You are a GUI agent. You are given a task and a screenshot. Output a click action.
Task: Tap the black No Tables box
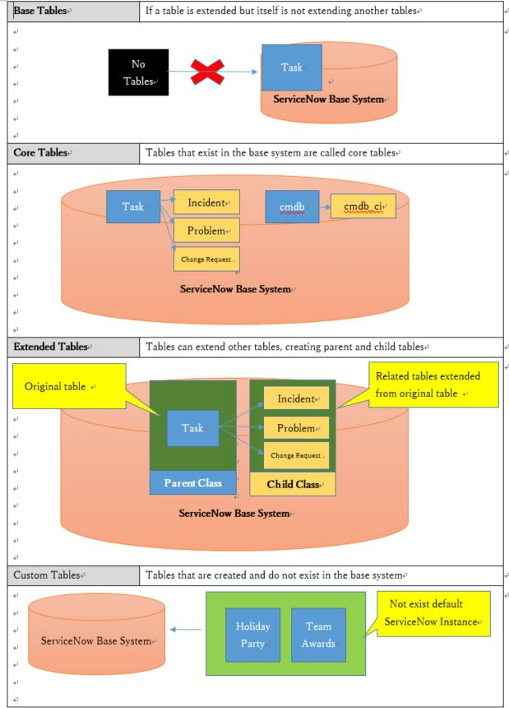[138, 73]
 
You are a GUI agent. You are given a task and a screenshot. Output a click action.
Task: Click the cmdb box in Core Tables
[292, 207]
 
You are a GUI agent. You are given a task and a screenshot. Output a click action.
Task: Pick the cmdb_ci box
[363, 207]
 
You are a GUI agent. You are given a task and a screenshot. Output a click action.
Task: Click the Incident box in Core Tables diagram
[206, 203]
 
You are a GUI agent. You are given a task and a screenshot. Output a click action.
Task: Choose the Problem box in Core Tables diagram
[206, 231]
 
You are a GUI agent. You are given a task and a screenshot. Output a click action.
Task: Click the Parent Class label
[192, 483]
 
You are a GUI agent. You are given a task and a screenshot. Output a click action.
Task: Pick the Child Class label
[293, 484]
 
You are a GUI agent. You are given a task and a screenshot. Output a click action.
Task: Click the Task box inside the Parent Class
[192, 428]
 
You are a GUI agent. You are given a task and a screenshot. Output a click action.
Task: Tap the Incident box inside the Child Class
[296, 399]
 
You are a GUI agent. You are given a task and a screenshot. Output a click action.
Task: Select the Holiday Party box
[252, 635]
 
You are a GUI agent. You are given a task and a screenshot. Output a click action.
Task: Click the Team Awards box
[318, 635]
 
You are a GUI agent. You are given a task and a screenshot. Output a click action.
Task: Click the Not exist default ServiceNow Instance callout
[434, 614]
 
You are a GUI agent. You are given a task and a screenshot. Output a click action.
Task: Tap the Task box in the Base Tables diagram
[291, 68]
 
